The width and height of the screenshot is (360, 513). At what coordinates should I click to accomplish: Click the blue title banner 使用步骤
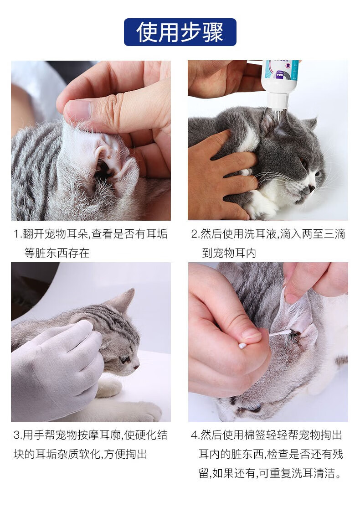[180, 32]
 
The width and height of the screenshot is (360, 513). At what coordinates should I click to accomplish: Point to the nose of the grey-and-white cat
[312, 188]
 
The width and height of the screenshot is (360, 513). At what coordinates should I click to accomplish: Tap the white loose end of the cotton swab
[242, 346]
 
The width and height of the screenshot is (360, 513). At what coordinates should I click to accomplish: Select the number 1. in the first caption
[17, 234]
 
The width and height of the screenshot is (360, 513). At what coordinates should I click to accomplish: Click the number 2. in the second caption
[195, 234]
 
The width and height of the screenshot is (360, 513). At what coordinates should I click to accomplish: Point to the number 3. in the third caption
[18, 435]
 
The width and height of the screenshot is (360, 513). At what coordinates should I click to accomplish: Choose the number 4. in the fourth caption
[195, 435]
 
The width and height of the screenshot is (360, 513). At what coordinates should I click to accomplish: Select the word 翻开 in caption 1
[33, 234]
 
